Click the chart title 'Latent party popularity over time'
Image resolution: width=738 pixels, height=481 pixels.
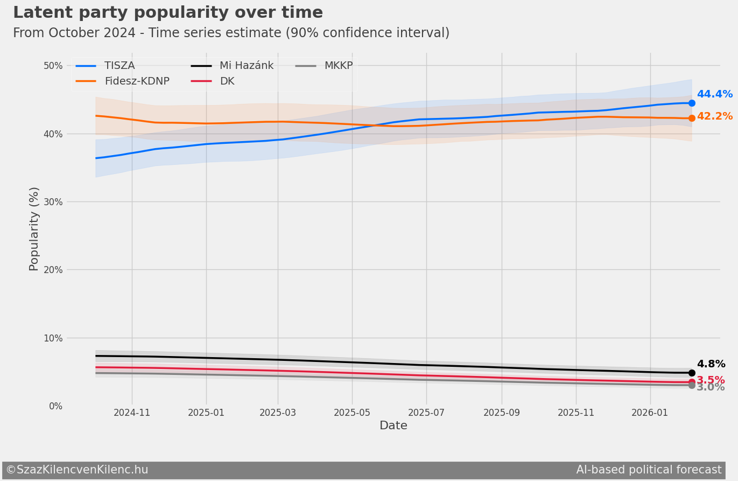click(x=167, y=13)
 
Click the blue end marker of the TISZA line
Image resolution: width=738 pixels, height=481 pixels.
click(x=692, y=103)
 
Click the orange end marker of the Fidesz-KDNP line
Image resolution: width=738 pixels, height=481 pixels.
click(x=692, y=118)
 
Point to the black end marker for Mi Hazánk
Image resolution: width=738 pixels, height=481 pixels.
click(x=692, y=373)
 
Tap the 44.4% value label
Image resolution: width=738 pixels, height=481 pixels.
click(x=714, y=94)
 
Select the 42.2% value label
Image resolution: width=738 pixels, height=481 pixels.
click(x=714, y=116)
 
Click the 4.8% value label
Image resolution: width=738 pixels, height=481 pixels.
click(x=711, y=364)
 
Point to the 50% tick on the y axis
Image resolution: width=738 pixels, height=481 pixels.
click(x=53, y=66)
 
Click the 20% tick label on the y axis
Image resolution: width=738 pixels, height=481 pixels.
click(x=53, y=270)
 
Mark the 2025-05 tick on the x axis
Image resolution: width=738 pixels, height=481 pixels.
click(x=352, y=413)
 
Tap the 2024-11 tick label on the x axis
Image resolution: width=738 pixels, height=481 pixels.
click(x=132, y=413)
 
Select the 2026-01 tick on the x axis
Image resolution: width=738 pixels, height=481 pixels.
click(x=650, y=413)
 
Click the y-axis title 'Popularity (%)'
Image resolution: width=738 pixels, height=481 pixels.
click(x=34, y=228)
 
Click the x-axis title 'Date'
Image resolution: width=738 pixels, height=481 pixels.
click(x=393, y=426)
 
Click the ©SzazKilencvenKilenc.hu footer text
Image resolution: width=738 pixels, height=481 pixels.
click(x=77, y=470)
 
